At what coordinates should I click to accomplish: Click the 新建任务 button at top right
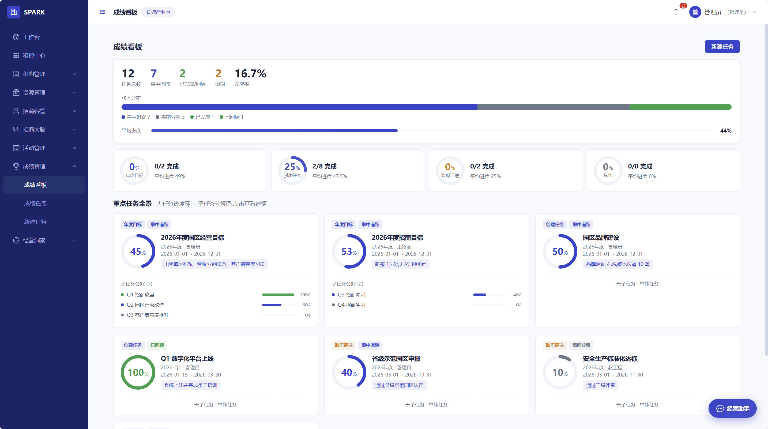coord(722,47)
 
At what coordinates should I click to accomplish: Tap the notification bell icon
coord(676,12)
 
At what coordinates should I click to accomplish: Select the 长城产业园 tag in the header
coord(158,12)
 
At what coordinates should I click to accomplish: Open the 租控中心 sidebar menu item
coord(34,55)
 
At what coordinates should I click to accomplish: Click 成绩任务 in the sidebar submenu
coord(35,203)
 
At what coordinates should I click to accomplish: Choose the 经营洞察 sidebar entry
coord(34,240)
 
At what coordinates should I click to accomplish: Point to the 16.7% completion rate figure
coord(250,73)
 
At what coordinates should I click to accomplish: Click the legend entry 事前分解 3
coord(170,117)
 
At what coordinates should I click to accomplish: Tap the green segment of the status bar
coord(680,107)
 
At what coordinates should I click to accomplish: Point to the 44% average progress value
coord(726,131)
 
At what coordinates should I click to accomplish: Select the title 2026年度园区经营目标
coord(193,238)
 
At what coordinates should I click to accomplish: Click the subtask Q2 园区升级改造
coord(145,305)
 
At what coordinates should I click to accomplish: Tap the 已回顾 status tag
coord(157,345)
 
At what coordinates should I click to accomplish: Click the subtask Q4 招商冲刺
coord(351,305)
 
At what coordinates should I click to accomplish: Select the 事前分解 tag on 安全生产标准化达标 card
coord(581,345)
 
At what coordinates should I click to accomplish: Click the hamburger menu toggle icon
coord(102,12)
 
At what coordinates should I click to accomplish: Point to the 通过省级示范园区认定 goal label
coord(399,385)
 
